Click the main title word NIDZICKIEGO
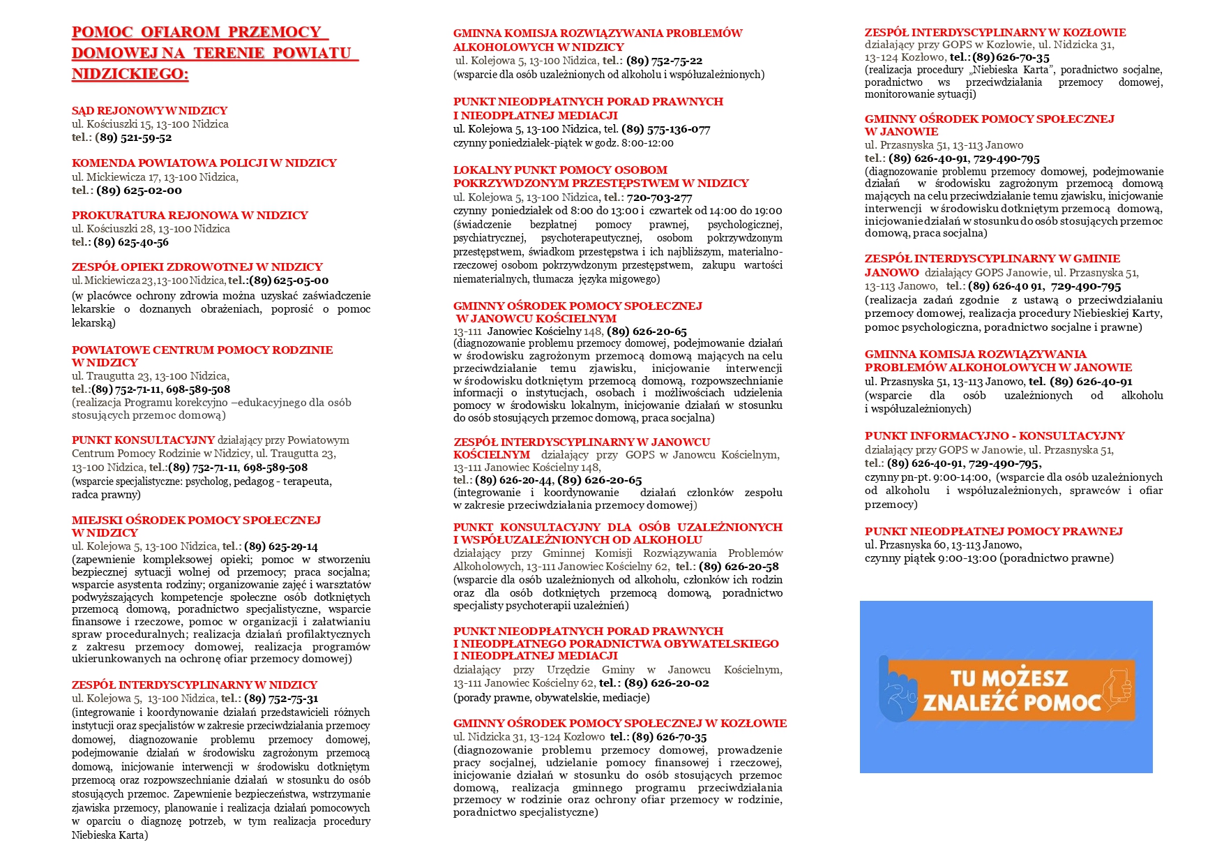[130, 74]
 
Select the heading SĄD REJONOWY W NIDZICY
[149, 110]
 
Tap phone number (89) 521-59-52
[133, 137]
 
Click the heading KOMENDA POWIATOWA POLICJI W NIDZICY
[204, 163]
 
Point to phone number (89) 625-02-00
[139, 190]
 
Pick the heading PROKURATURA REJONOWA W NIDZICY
[190, 215]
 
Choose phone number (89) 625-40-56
[131, 242]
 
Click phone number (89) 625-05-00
[289, 281]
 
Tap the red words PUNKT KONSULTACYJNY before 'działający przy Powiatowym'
[143, 440]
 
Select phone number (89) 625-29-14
[281, 546]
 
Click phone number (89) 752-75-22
[664, 61]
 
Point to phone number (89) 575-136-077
[665, 129]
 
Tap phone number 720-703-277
[659, 197]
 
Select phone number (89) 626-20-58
[739, 566]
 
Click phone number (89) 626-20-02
[666, 682]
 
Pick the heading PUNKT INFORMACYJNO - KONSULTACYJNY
[995, 435]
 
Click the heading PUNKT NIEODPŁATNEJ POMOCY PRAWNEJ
[993, 531]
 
